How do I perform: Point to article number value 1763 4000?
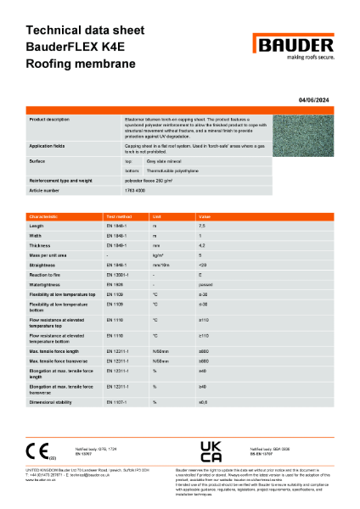[139, 191]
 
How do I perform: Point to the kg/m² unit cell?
[157, 255]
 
